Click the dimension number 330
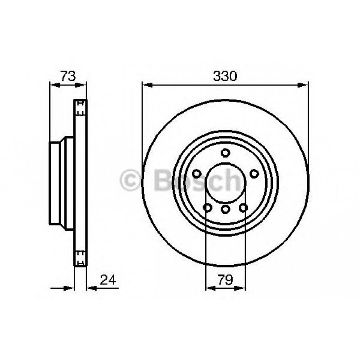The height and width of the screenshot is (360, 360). point(224,76)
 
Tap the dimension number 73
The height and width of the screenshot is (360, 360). point(68,76)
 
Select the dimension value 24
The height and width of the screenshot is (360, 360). point(108,280)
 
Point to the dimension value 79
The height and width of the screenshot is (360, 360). point(225,280)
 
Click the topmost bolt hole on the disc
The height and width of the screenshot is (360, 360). point(225,153)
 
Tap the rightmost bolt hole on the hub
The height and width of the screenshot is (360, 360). point(254,174)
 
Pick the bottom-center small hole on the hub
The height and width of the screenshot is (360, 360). point(225,209)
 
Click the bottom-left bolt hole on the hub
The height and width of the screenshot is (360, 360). point(208,208)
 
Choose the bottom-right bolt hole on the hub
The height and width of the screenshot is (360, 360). point(243,208)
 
